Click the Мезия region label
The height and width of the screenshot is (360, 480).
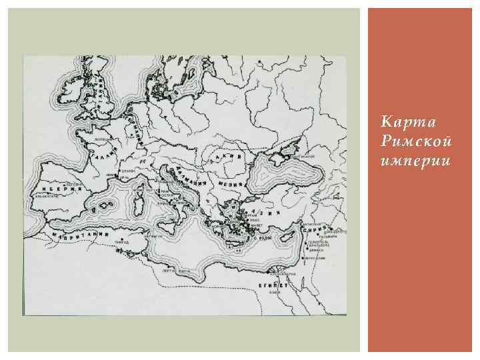[230, 182]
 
